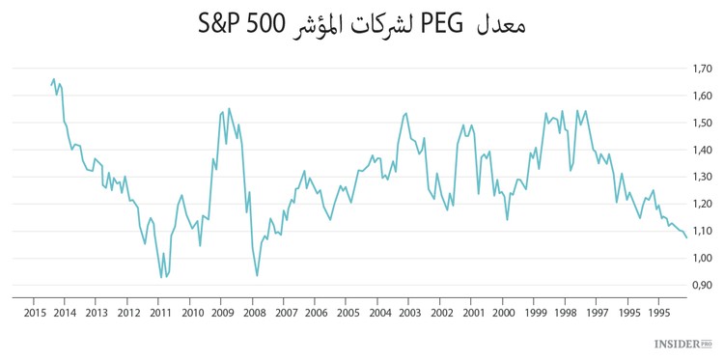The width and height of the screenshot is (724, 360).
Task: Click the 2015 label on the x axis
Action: coord(34,313)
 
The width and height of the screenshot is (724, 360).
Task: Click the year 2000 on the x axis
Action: coord(504,313)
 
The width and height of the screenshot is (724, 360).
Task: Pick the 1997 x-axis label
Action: coord(598,313)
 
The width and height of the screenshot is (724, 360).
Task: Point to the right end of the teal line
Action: coord(686,237)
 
